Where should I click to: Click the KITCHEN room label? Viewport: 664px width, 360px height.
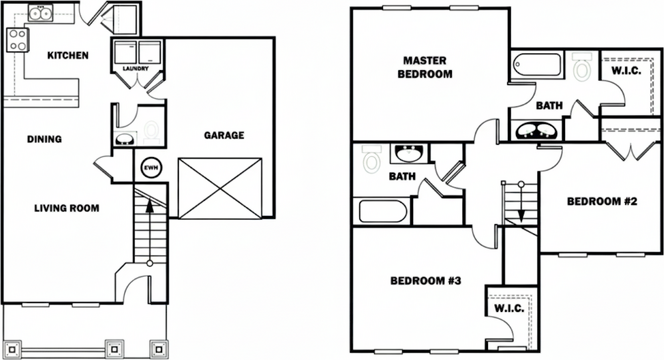[x=68, y=55]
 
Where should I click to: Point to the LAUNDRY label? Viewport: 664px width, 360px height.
[x=136, y=68]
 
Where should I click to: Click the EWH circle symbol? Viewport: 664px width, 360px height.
[x=149, y=168]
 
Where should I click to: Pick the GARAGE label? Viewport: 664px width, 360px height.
[x=224, y=135]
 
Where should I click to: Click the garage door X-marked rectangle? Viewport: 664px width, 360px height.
[x=220, y=188]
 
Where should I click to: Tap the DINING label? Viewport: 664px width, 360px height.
[x=44, y=139]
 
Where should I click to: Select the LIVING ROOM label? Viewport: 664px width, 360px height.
[x=66, y=208]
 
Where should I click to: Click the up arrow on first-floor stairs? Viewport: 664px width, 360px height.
[x=150, y=208]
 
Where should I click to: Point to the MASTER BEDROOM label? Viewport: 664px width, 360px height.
[x=424, y=68]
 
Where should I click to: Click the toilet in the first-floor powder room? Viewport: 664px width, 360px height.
[x=152, y=130]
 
